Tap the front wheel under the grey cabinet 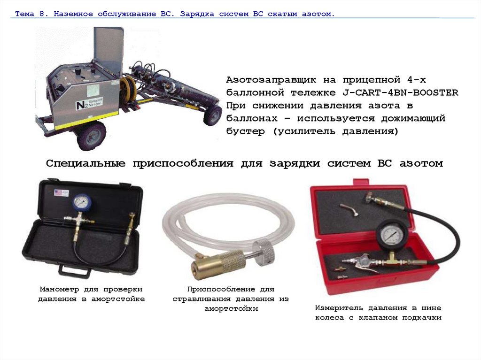click(92, 136)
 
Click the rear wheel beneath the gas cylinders click(213, 115)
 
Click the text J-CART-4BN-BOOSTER click(400, 92)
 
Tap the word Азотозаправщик click(271, 80)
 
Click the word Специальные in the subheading click(85, 163)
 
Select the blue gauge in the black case click(82, 202)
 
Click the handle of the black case click(75, 271)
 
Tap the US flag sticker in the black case click(62, 193)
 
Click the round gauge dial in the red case click(391, 234)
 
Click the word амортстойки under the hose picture click(231, 308)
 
